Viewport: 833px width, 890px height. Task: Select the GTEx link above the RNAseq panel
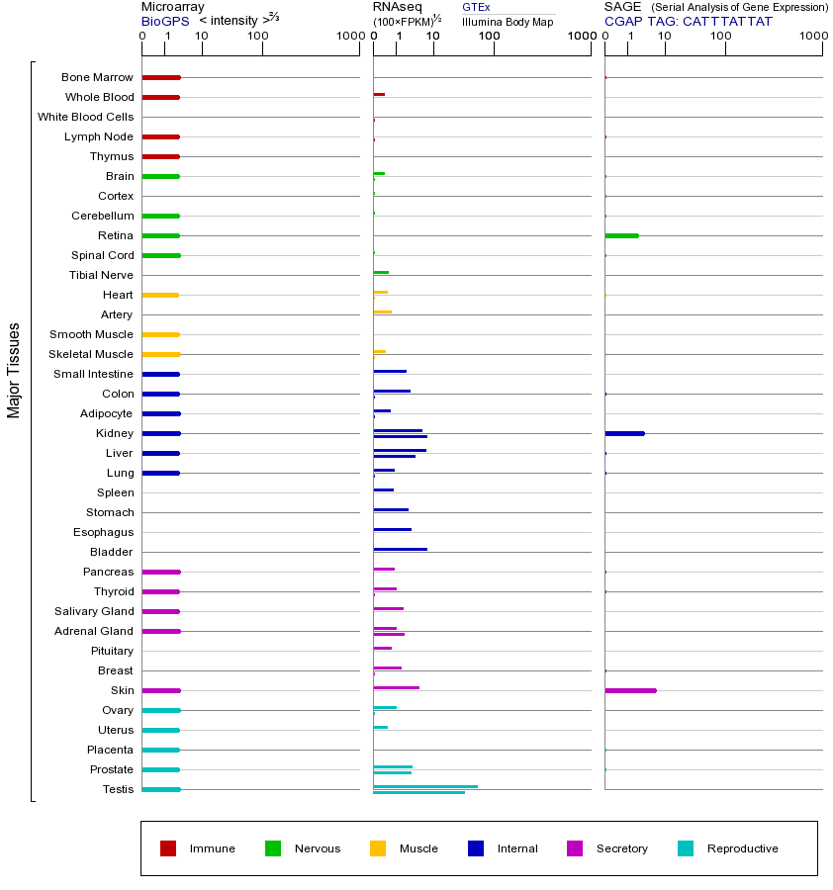click(476, 7)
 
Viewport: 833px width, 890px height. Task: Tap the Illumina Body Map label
click(508, 21)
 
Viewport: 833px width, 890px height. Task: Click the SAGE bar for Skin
click(630, 690)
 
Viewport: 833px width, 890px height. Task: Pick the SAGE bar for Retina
click(621, 235)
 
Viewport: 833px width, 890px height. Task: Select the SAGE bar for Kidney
click(624, 433)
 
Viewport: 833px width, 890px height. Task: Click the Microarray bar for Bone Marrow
click(161, 77)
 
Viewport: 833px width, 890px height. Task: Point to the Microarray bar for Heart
click(160, 295)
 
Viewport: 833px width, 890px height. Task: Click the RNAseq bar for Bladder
click(400, 549)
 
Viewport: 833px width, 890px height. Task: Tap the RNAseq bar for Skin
click(396, 687)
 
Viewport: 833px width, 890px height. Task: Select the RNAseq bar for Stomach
click(391, 509)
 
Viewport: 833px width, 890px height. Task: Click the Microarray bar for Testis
click(161, 789)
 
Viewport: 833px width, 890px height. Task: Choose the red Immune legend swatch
click(168, 848)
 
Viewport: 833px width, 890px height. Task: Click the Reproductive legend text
click(742, 848)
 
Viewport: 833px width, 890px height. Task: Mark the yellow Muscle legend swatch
click(378, 848)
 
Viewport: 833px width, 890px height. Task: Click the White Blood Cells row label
click(85, 117)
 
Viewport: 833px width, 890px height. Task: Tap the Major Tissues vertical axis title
click(14, 370)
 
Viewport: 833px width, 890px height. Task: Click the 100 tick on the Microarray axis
click(258, 37)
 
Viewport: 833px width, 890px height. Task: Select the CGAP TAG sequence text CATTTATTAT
click(727, 21)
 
